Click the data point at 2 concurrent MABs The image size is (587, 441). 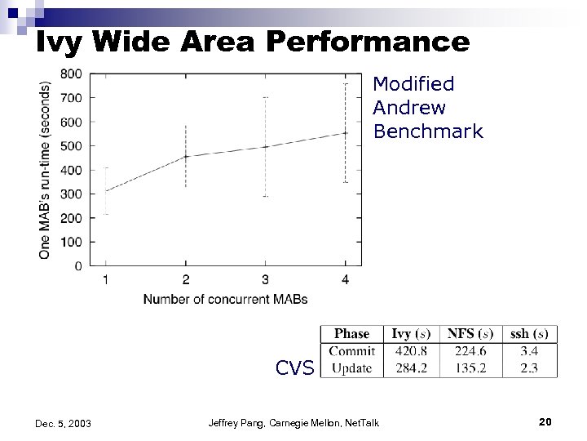[186, 156]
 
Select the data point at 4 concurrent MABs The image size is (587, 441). [346, 132]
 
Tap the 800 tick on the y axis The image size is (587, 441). [72, 73]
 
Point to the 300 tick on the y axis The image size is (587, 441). [72, 194]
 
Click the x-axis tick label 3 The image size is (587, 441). [266, 281]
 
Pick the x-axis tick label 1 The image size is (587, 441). [106, 281]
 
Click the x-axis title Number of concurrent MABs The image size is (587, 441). [225, 300]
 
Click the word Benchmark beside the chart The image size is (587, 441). [428, 131]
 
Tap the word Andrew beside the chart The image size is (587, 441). [409, 108]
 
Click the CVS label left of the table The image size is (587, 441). [295, 368]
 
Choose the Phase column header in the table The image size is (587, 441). [351, 333]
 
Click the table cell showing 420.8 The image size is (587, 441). [411, 351]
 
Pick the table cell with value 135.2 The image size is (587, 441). [470, 367]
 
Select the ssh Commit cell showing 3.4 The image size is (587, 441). [528, 351]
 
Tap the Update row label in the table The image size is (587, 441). [352, 367]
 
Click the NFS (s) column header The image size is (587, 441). [470, 333]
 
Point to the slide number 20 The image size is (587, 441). [545, 421]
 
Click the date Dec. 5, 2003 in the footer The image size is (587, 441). [64, 423]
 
